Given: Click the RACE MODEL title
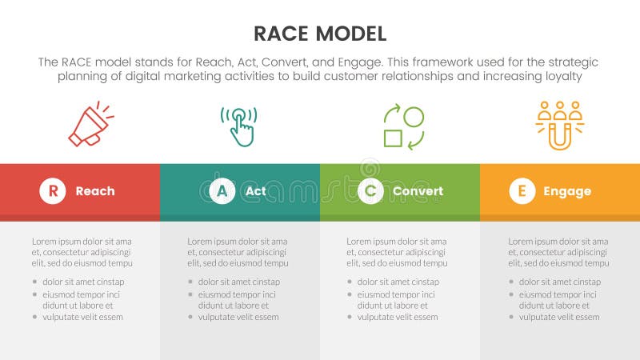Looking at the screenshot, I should [x=319, y=33].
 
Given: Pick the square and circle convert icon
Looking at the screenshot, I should [x=403, y=127].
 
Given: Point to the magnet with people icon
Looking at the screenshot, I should [x=559, y=125].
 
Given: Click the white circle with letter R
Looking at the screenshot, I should [x=53, y=191].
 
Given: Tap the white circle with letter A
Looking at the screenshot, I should [x=222, y=191].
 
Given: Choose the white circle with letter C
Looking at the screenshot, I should [x=370, y=191].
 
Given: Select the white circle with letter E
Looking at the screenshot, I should [x=522, y=191].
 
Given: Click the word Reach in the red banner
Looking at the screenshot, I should [x=95, y=191].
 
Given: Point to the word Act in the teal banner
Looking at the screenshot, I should [x=256, y=191].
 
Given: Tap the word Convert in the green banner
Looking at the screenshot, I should [x=418, y=191].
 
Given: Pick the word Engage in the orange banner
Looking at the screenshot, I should [x=567, y=191].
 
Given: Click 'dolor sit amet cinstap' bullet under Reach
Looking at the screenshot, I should [x=83, y=282].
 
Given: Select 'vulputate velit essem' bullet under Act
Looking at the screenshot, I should [x=238, y=317].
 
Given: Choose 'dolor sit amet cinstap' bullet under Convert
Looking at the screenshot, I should [x=398, y=282].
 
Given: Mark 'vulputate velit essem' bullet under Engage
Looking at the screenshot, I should [x=558, y=317].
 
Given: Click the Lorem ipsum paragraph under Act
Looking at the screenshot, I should [x=238, y=251].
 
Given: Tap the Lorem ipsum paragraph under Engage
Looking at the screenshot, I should [x=558, y=251].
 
